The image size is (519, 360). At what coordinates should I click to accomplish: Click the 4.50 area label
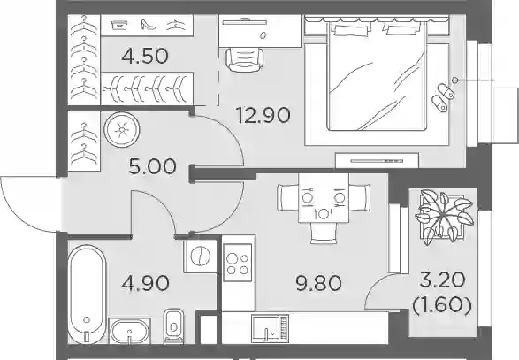point(145,56)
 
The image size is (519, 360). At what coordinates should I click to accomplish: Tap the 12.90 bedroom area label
point(263,115)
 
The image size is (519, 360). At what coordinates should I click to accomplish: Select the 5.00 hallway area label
point(153,166)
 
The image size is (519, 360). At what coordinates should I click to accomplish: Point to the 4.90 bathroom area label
point(145,284)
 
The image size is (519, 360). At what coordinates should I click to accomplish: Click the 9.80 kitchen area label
point(318,284)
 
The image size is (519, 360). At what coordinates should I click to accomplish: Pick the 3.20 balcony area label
point(442,281)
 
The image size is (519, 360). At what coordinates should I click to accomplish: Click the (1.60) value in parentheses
point(442,305)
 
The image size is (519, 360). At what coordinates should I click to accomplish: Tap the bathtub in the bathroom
point(87,294)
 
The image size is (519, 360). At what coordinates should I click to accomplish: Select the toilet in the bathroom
point(173,326)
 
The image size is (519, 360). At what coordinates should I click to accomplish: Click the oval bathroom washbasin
point(129,331)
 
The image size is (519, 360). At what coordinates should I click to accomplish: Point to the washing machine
point(201,257)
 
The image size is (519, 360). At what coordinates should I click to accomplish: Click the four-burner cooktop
point(237,263)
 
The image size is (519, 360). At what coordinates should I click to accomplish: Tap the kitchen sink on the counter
point(270,328)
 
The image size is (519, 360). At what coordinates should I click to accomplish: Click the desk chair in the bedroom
point(245,59)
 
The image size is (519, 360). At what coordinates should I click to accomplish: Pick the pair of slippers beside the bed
point(443,97)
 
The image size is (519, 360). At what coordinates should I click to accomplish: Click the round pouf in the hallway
point(122,130)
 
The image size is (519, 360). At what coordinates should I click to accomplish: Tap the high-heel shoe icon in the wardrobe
point(148,26)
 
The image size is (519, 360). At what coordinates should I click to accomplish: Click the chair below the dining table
point(324,234)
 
